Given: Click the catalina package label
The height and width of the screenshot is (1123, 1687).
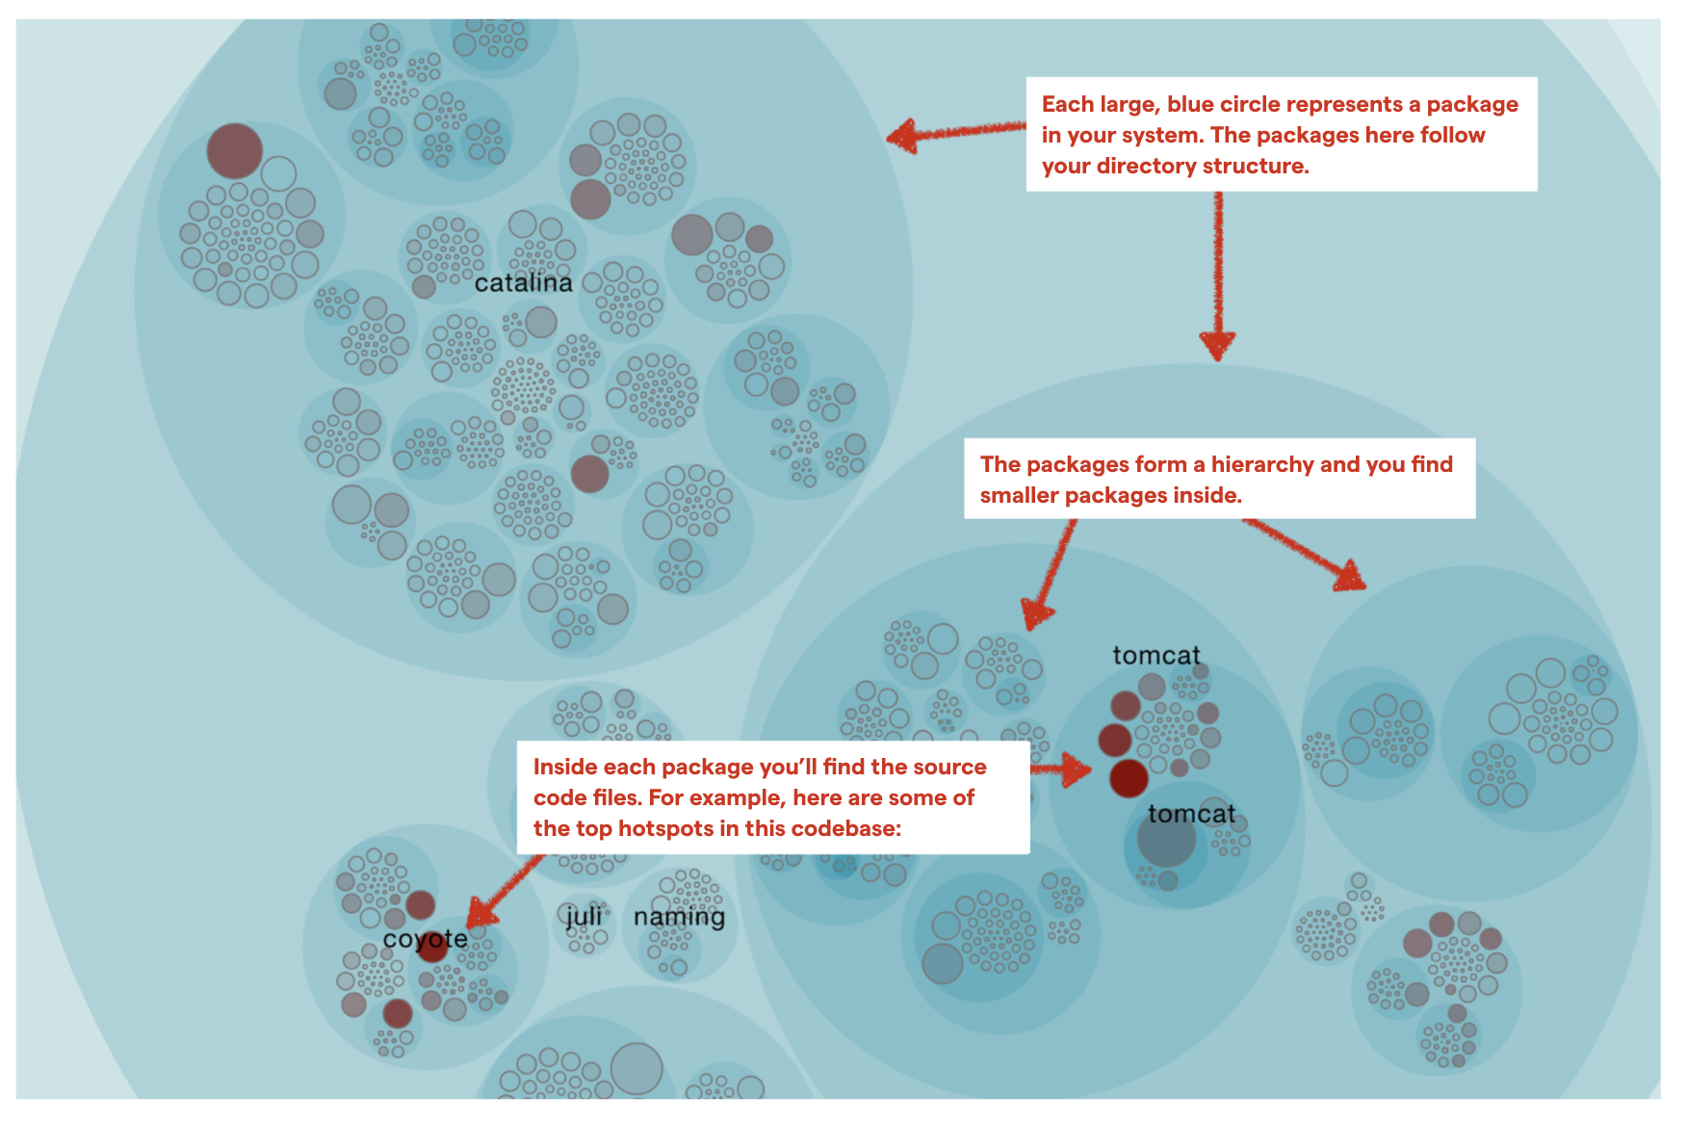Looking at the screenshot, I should pos(523,283).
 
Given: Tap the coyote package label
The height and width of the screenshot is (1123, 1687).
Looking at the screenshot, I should pos(425,939).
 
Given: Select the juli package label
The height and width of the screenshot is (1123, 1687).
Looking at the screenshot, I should pos(584,916).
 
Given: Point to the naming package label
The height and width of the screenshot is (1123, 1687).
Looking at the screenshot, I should pos(679,917).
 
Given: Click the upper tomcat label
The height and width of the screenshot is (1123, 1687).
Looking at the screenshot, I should pos(1155,656).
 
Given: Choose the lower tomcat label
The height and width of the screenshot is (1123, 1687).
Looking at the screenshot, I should pos(1190,814).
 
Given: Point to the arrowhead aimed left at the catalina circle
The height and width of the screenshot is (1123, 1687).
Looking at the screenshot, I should pos(901,137).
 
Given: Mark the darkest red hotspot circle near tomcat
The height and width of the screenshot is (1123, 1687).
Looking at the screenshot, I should pos(1129,778).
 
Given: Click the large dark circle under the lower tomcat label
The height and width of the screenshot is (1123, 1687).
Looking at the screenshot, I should pos(1166,840).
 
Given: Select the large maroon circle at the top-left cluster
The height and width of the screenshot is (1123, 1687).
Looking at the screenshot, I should pos(234,151).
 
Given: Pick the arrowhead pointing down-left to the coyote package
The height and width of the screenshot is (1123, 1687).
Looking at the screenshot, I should pos(480,913).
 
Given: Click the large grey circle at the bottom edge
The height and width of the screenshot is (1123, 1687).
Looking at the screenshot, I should pos(636,1069).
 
